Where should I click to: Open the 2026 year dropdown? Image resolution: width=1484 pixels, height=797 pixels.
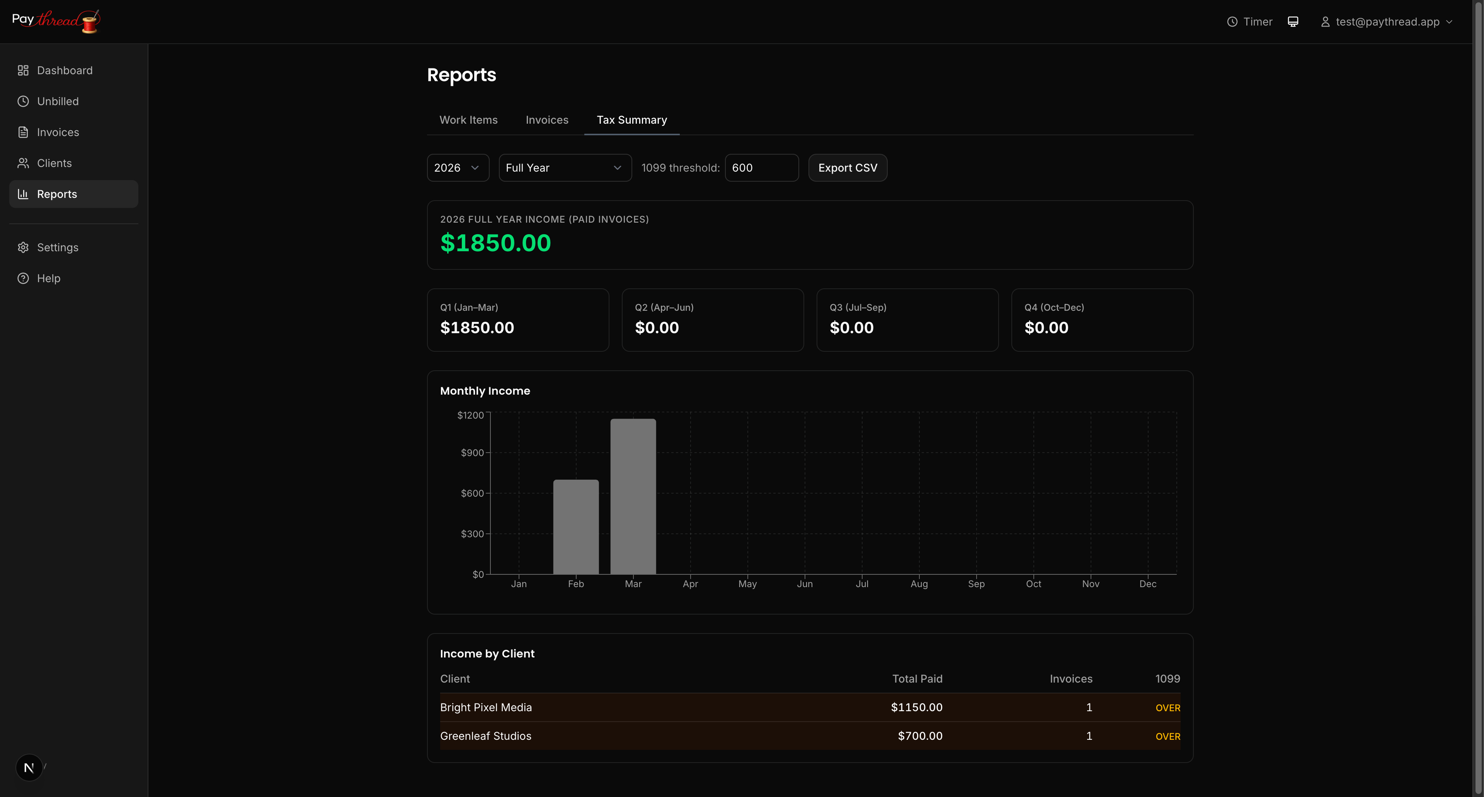(x=458, y=168)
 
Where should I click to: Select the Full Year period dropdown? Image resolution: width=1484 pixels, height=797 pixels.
(x=565, y=168)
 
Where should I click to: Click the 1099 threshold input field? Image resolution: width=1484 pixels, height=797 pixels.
(x=761, y=168)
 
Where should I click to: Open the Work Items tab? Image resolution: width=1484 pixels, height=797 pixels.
(x=468, y=120)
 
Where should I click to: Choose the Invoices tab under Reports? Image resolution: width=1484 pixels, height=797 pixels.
(x=547, y=120)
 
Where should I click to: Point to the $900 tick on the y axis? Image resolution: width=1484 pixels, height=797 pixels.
(x=472, y=453)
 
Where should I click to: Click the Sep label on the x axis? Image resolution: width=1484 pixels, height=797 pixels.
(x=976, y=584)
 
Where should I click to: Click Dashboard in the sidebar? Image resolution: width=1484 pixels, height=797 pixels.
(x=65, y=70)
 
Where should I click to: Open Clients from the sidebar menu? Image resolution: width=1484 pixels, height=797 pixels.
(x=54, y=163)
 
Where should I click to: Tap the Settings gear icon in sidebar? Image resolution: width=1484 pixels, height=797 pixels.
(x=23, y=247)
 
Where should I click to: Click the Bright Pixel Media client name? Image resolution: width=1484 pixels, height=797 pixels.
(x=486, y=707)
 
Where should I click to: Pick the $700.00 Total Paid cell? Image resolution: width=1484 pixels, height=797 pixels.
(x=920, y=736)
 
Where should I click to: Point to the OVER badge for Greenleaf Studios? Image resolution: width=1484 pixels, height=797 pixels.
(x=1167, y=736)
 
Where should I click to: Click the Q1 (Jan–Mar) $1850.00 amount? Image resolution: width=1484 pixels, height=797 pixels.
(x=477, y=327)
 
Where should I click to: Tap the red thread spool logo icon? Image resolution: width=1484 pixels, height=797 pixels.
(x=90, y=22)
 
